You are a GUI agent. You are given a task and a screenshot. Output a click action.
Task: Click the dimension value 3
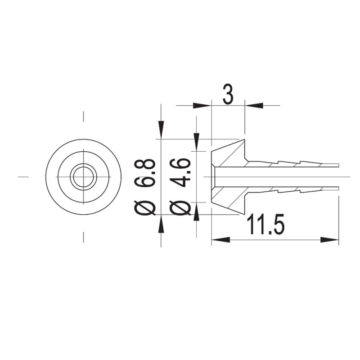[228, 94]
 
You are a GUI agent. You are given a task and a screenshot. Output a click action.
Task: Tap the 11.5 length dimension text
[265, 224]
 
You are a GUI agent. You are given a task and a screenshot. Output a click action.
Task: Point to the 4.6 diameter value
[180, 172]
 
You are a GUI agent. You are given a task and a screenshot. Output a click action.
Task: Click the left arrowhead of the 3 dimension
[202, 106]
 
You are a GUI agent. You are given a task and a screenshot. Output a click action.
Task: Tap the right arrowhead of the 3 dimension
[253, 106]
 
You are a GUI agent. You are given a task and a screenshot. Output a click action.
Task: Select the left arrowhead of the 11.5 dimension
[220, 240]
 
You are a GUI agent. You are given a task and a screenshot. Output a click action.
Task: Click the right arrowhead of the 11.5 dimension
[330, 240]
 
